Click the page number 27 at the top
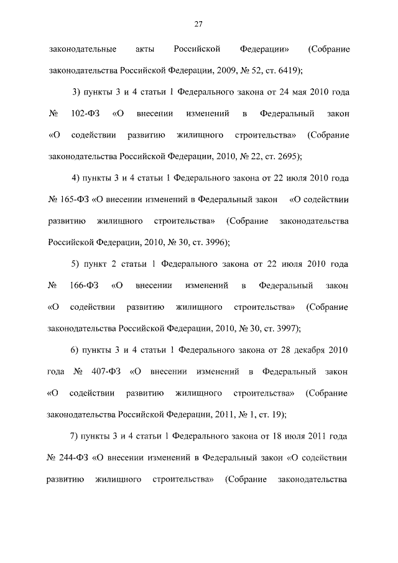pos(198,24)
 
